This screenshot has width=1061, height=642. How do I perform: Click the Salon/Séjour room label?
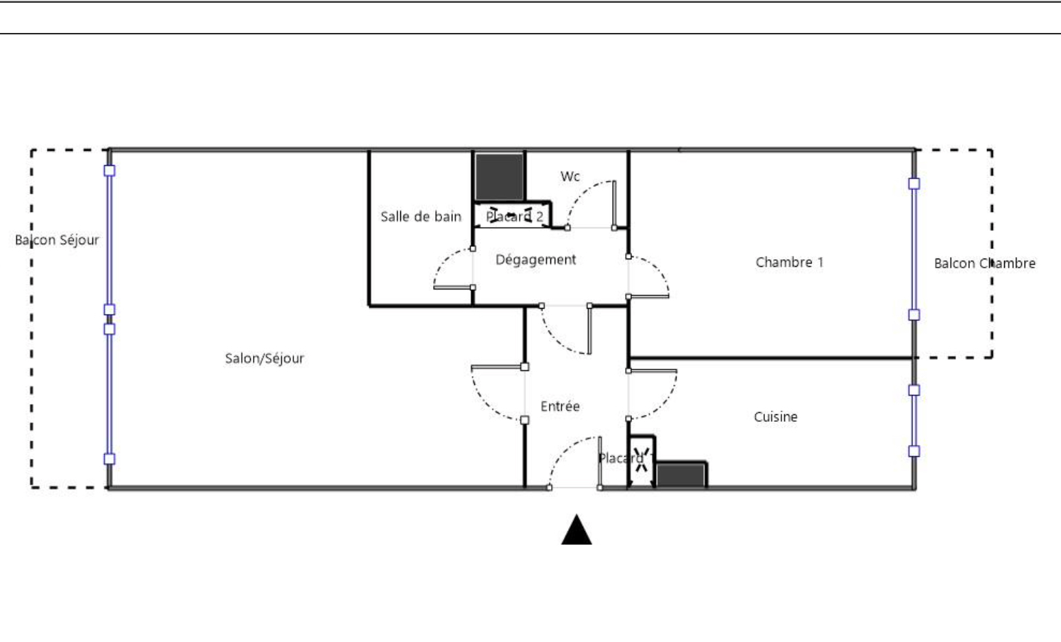click(x=265, y=359)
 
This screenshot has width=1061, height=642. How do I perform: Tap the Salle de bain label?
click(x=421, y=217)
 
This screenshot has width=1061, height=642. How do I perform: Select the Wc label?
click(x=570, y=176)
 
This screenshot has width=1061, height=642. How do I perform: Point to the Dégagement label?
click(x=536, y=260)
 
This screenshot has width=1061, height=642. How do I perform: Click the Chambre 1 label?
click(x=789, y=262)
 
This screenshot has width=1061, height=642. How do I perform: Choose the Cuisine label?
click(x=775, y=417)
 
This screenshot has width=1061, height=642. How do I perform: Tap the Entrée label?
click(x=560, y=406)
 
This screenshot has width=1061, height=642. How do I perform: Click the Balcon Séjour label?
click(x=57, y=240)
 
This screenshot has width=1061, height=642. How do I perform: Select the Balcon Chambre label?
click(x=984, y=263)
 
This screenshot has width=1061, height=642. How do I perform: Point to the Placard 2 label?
click(x=515, y=217)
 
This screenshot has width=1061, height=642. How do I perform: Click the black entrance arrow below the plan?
click(x=576, y=530)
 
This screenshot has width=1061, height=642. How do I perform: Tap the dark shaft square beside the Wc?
click(x=499, y=177)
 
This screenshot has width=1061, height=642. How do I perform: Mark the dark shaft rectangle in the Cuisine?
click(x=680, y=475)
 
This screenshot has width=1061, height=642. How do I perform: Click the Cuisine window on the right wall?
click(x=914, y=420)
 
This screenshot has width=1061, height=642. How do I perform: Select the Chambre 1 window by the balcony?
click(x=914, y=249)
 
